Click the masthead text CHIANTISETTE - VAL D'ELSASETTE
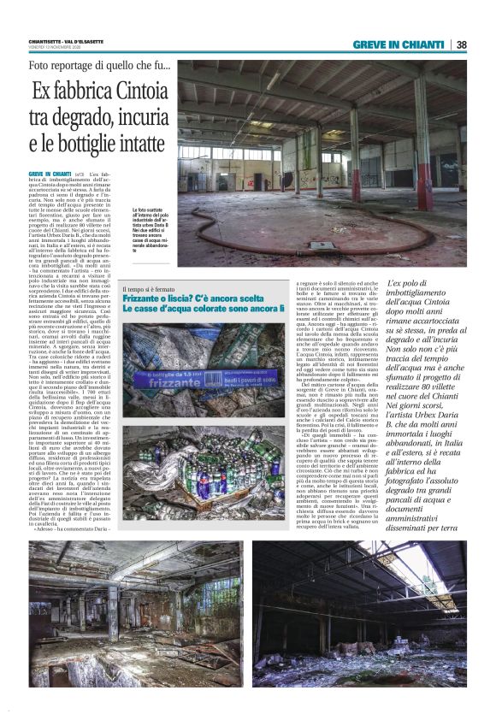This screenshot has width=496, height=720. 68,42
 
